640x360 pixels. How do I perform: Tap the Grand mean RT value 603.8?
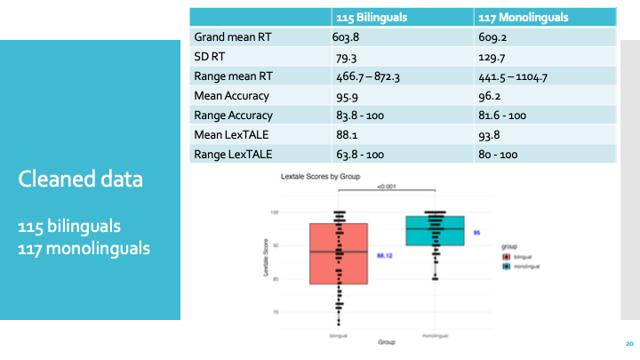coord(348,37)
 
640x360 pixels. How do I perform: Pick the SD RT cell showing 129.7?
coord(491,57)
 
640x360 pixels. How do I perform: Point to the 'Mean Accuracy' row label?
coord(231,96)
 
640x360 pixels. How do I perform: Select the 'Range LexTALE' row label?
coord(233,154)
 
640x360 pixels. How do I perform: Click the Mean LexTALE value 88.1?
coord(344,134)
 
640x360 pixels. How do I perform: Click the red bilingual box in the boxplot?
coord(339,253)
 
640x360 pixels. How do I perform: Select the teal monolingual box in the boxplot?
coord(435,229)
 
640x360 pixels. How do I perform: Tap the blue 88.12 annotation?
coord(385,255)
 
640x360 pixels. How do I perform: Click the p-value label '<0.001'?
coord(387,186)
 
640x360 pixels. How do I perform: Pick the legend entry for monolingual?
coord(524,266)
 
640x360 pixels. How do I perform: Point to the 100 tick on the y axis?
coord(275,212)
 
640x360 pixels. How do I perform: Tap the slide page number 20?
coord(628,344)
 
